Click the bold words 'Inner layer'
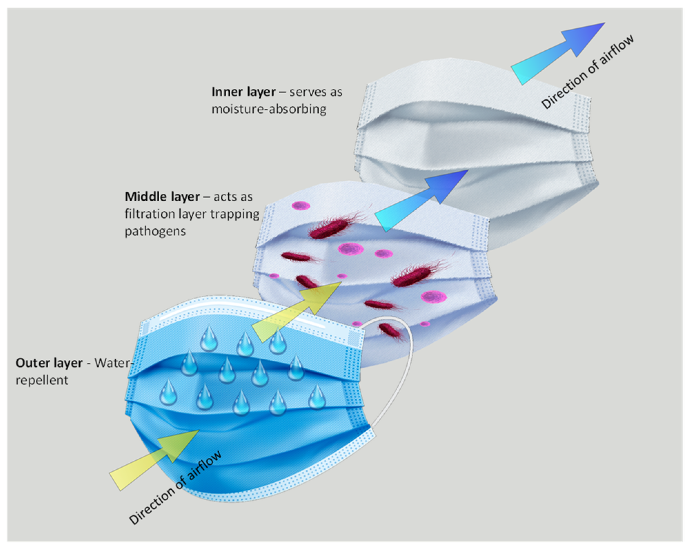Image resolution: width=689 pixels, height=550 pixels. [x=243, y=92]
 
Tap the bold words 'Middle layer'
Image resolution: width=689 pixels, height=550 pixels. [x=162, y=197]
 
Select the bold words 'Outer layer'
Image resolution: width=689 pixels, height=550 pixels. [x=49, y=363]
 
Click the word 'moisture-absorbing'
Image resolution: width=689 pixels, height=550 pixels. [x=269, y=109]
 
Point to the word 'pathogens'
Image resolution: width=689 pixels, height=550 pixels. [x=155, y=231]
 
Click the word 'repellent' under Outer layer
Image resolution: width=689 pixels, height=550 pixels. [x=42, y=380]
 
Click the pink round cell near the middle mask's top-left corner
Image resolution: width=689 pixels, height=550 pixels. [x=301, y=206]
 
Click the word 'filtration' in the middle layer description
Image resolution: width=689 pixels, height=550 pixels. [x=145, y=214]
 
